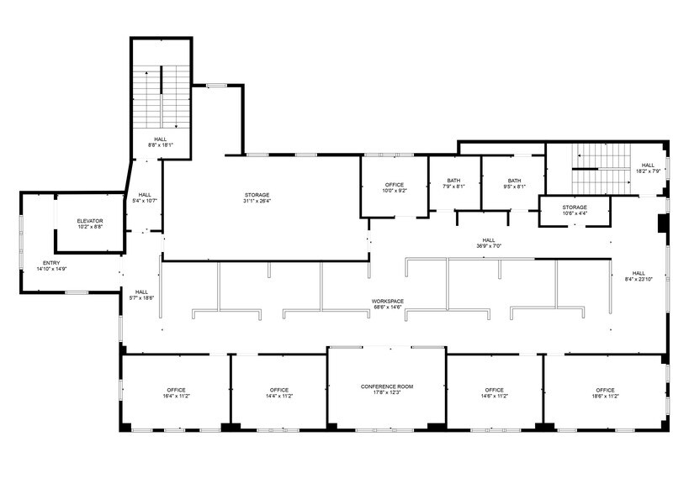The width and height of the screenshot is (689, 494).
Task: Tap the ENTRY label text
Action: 51,263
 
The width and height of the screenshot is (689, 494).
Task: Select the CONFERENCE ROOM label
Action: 387,386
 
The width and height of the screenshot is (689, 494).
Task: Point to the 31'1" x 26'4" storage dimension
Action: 257,201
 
